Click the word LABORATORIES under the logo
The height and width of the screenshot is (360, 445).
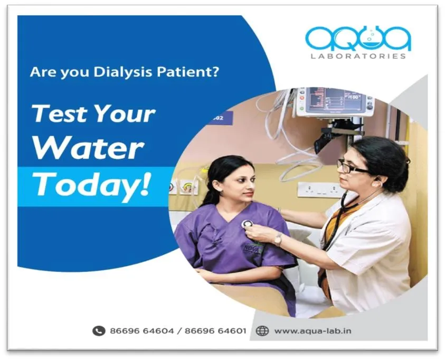[x=358, y=55]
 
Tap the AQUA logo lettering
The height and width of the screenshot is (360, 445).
[x=358, y=38]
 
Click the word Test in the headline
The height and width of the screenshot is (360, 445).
[x=59, y=114]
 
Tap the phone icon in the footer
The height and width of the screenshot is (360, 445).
[x=99, y=331]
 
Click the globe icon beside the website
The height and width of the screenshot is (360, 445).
[x=262, y=331]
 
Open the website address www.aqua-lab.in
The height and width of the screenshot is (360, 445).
[x=313, y=331]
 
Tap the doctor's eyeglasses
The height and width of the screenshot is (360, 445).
[x=353, y=168]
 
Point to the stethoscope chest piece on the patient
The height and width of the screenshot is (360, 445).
[x=247, y=224]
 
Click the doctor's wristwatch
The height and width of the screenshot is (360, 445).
[x=278, y=239]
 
